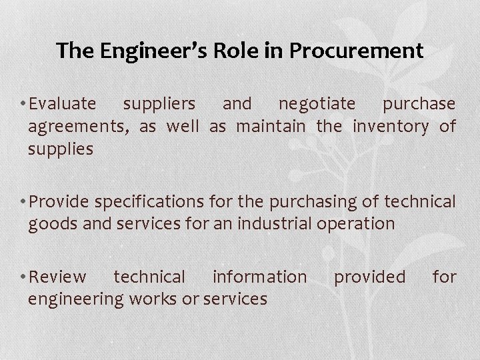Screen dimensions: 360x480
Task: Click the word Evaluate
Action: tap(63, 105)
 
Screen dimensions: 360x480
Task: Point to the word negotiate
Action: tap(317, 105)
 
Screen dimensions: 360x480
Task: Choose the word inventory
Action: tap(391, 126)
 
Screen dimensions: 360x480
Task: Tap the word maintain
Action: tap(269, 126)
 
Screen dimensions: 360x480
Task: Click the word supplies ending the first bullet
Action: tap(60, 147)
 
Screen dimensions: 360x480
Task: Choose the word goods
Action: tap(51, 223)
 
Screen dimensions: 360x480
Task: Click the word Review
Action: tap(58, 277)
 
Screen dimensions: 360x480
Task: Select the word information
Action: tap(260, 277)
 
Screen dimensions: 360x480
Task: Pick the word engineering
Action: tap(75, 299)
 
